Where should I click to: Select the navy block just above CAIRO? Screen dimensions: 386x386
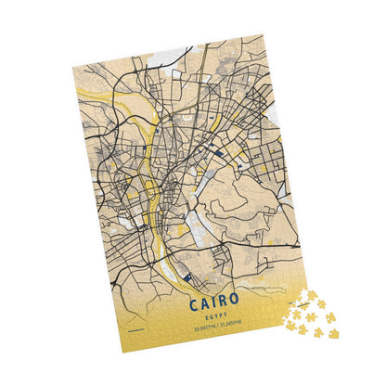(x=188, y=276)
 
